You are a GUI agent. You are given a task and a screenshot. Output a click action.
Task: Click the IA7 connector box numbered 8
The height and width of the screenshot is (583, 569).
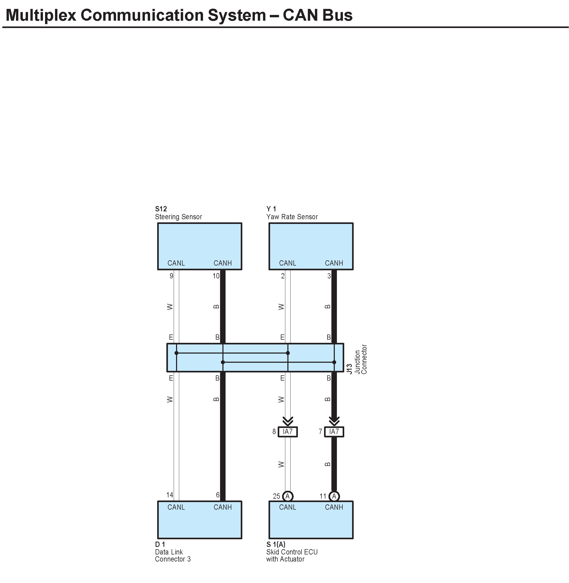tap(287, 432)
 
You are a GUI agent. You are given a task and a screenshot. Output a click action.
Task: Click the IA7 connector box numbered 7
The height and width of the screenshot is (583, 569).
tap(334, 432)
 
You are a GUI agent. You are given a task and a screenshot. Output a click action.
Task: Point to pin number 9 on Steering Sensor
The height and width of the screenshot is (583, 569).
tap(171, 276)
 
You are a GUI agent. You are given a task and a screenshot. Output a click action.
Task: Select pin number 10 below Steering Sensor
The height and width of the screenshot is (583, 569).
tap(216, 276)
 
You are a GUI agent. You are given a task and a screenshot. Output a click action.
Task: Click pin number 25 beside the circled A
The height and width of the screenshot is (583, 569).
tap(276, 496)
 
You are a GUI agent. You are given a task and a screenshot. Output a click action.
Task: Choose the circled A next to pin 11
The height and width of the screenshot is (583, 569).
tap(334, 496)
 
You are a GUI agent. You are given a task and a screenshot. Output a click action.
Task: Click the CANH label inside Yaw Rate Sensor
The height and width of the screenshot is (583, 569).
tap(334, 263)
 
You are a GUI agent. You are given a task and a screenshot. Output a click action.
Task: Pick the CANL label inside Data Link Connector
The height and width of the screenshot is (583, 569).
tap(176, 507)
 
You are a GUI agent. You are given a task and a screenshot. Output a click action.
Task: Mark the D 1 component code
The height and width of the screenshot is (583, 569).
tap(160, 544)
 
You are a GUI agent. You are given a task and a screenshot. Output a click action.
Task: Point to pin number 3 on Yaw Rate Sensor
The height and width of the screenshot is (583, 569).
tap(329, 276)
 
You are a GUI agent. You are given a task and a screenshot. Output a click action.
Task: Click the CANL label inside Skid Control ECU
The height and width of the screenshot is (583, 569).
tap(287, 507)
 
